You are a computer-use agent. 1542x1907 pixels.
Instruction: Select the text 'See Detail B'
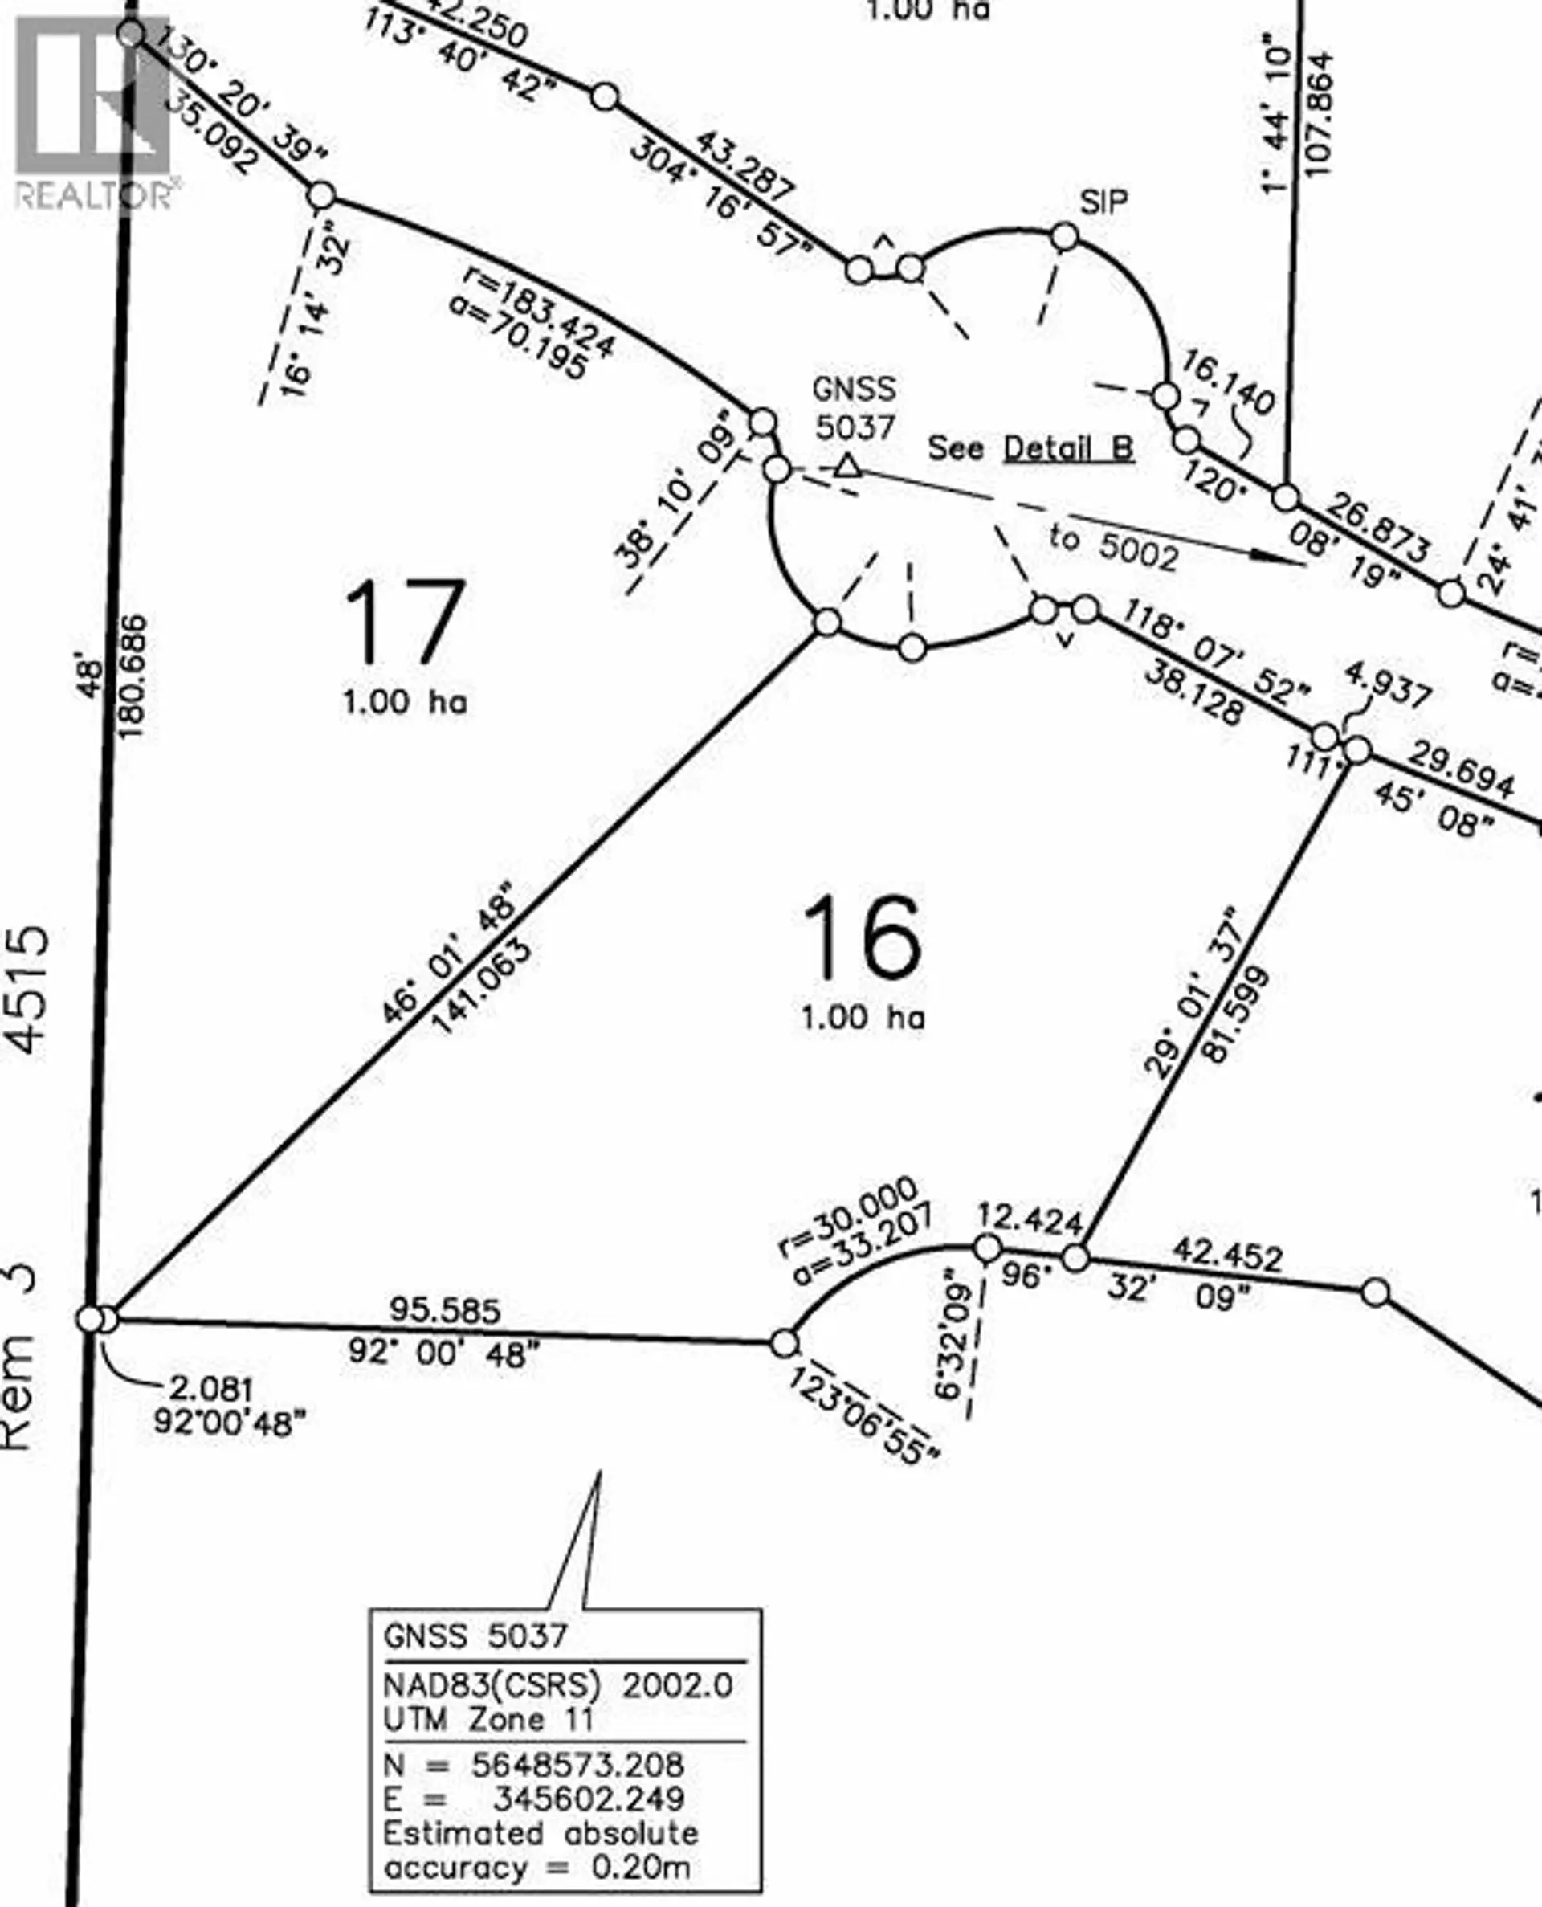1030,447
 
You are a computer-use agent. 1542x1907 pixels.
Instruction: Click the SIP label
1103,203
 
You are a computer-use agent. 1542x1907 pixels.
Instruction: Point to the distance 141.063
483,986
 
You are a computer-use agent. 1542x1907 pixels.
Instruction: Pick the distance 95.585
445,1310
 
